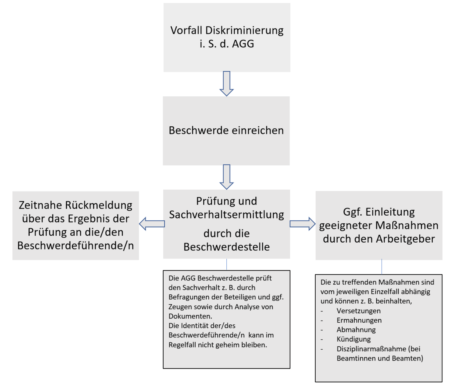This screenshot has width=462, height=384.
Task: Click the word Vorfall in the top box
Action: [x=186, y=30]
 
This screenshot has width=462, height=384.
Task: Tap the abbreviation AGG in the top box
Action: [x=243, y=44]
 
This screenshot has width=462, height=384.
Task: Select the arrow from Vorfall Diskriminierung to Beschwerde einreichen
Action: [x=227, y=84]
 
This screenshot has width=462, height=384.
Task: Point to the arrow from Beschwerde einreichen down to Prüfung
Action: [x=227, y=177]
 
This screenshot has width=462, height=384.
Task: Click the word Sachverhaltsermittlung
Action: [x=227, y=215]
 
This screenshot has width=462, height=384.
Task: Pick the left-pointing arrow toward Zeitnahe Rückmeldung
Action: [x=152, y=224]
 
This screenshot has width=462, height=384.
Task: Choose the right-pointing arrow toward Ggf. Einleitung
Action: [x=303, y=224]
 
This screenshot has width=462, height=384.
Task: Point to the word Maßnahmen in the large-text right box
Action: [x=407, y=225]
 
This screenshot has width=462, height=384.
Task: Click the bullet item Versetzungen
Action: [x=359, y=311]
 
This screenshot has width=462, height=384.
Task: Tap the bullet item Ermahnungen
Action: [x=359, y=320]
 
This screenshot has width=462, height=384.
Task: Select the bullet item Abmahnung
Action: [x=356, y=330]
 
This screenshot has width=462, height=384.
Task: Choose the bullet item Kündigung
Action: [x=353, y=339]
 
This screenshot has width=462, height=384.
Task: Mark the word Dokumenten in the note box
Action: [x=190, y=316]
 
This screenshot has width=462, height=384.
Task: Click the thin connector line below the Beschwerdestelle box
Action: [x=227, y=265]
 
